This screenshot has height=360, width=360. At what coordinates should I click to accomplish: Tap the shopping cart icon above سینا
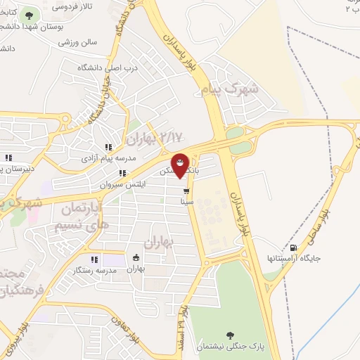186,191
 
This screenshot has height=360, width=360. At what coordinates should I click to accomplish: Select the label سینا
186,201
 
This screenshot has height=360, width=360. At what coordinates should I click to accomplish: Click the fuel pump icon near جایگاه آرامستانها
292,247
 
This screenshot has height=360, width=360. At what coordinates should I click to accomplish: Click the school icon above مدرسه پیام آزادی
108,147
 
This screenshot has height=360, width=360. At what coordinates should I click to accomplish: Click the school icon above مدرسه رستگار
94,259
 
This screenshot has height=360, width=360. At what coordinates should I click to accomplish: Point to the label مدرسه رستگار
96,271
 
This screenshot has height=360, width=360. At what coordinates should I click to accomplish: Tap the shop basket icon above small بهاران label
136,257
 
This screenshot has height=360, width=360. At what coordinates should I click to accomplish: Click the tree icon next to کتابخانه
29,15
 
